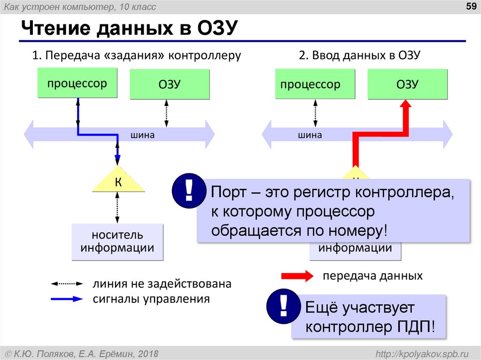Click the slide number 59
click(x=469, y=6)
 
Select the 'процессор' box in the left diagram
click(x=77, y=83)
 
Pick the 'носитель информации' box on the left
click(x=117, y=242)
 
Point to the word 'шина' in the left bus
click(x=143, y=135)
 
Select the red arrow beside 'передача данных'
click(x=297, y=276)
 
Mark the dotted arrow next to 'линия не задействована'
click(x=67, y=284)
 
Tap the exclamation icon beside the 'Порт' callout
click(x=188, y=191)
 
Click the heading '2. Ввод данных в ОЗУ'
click(x=359, y=55)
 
